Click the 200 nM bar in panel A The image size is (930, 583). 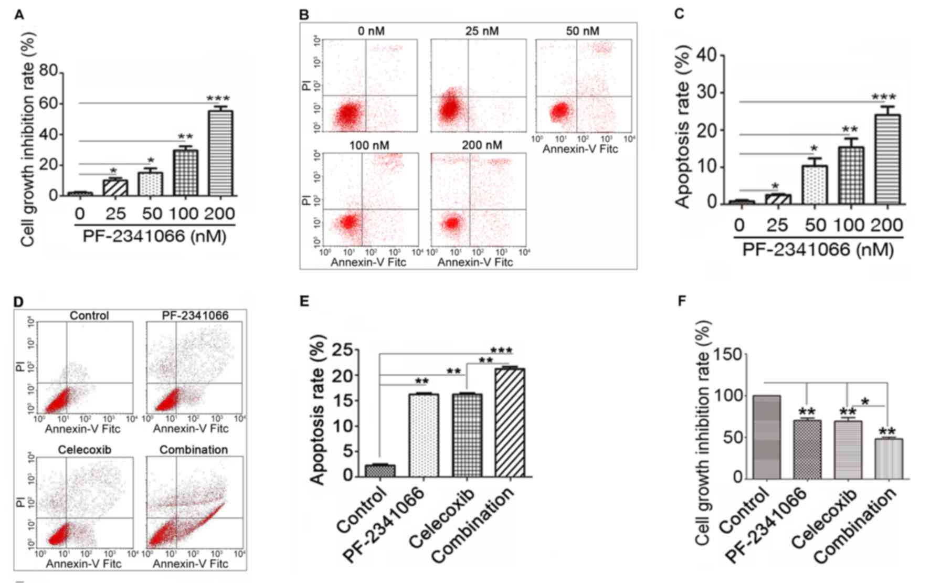[220, 153]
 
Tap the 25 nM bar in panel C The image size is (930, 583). [777, 199]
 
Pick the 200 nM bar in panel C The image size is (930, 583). [887, 159]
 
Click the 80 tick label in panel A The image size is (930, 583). [46, 71]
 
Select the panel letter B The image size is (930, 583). [304, 14]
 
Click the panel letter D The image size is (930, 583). [18, 302]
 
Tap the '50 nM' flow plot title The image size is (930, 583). [582, 31]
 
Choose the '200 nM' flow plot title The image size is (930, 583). [482, 145]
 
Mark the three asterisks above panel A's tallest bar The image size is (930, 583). [218, 98]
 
